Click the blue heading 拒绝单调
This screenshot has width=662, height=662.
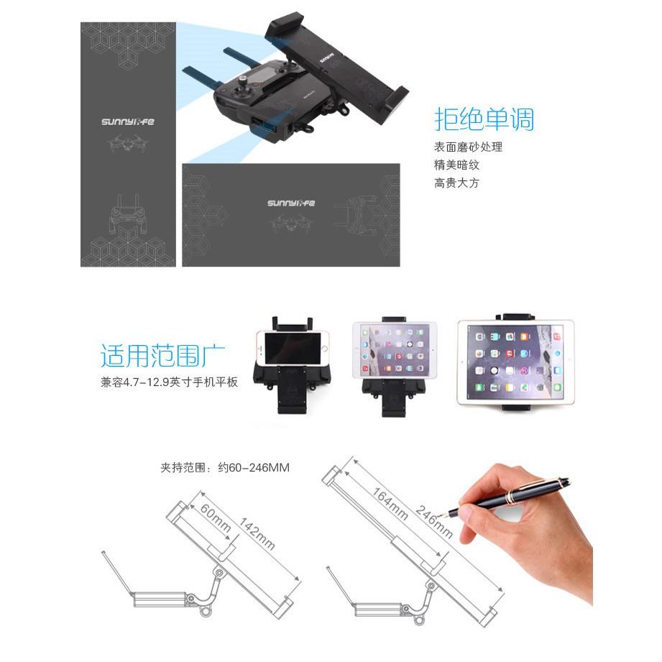tap(484, 118)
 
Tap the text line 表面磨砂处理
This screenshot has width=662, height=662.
tap(467, 147)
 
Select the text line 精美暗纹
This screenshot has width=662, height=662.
tap(456, 165)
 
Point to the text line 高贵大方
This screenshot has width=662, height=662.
tap(456, 183)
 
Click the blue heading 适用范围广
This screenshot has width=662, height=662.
tap(163, 356)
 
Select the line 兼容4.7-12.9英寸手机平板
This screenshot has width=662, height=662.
tap(169, 382)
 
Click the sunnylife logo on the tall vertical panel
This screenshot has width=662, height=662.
tap(127, 122)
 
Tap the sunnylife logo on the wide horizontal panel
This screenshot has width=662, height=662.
tap(291, 203)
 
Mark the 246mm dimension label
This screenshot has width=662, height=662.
tap(433, 518)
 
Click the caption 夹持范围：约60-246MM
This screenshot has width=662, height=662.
tap(225, 468)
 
